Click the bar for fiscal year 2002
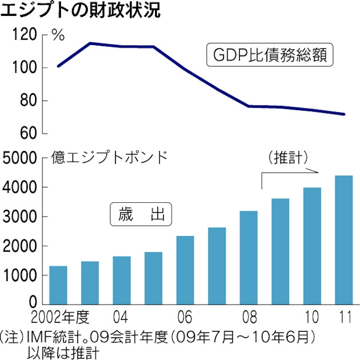58,285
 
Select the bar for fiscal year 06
185,270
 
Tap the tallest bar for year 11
344,240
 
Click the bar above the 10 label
312,246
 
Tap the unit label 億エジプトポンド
109,157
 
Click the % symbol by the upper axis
58,35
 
